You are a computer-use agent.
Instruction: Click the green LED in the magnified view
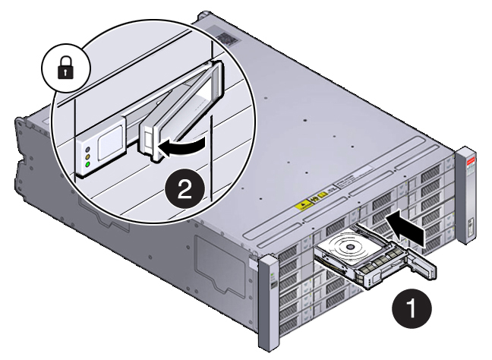pos(88,164)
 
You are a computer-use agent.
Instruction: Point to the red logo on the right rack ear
pos(469,161)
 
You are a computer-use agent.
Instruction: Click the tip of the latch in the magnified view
pos(155,156)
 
